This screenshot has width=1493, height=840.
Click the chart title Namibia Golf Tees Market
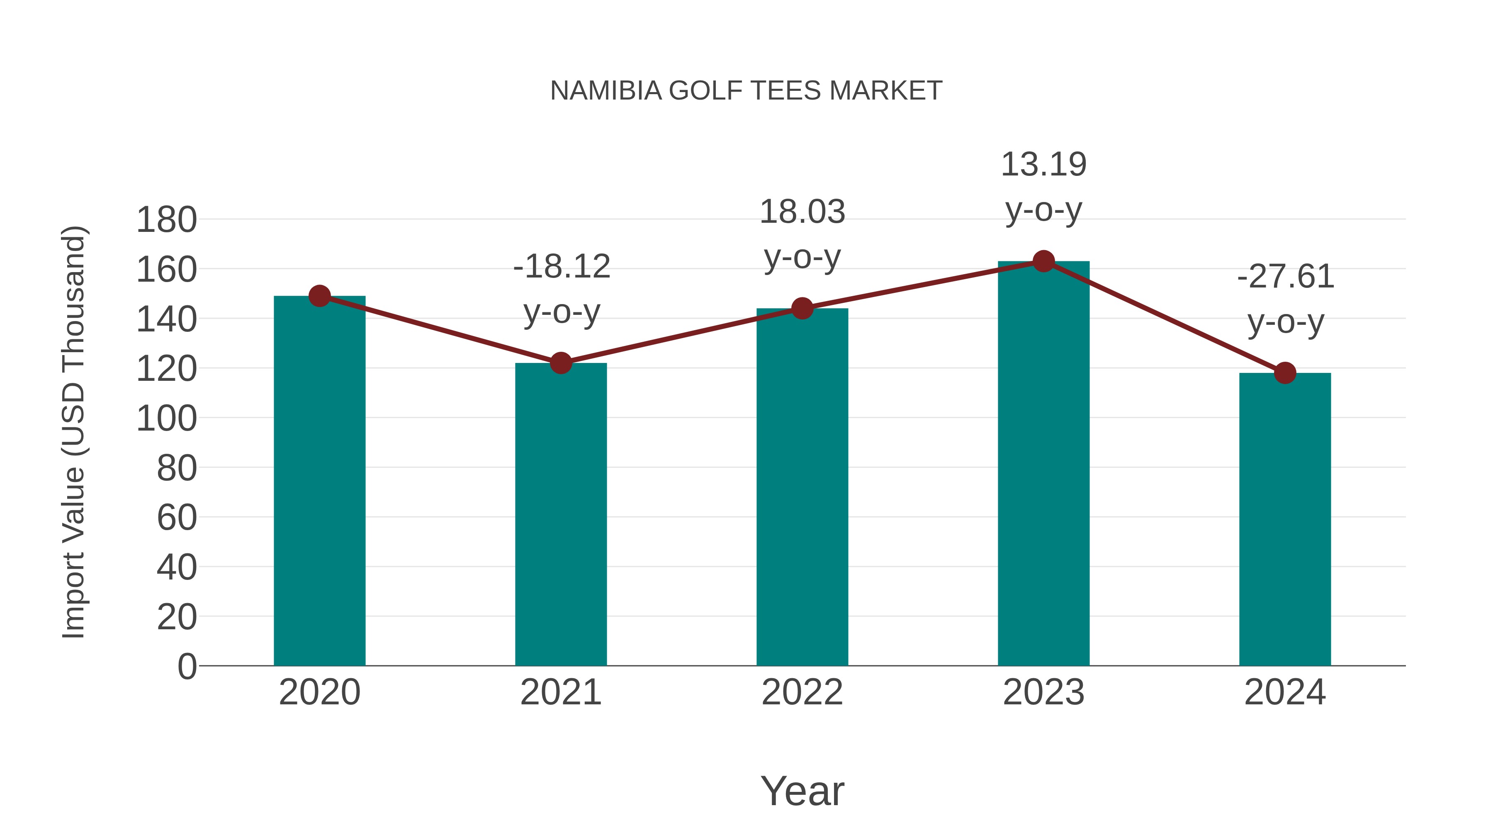(x=746, y=91)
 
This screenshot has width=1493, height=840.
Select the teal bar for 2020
(x=319, y=481)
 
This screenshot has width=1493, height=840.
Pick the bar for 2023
(x=1043, y=464)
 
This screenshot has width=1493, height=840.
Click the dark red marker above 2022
(x=802, y=308)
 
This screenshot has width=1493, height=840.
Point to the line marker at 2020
(x=319, y=296)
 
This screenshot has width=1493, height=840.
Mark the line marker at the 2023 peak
(x=1043, y=261)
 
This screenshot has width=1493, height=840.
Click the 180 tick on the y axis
(x=166, y=220)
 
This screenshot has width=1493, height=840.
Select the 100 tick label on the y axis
(x=166, y=419)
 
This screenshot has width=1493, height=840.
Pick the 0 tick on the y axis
(x=187, y=666)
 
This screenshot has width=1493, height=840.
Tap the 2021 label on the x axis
(x=560, y=692)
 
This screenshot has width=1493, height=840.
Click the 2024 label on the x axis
(x=1284, y=692)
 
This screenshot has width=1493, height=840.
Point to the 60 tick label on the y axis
(x=177, y=518)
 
